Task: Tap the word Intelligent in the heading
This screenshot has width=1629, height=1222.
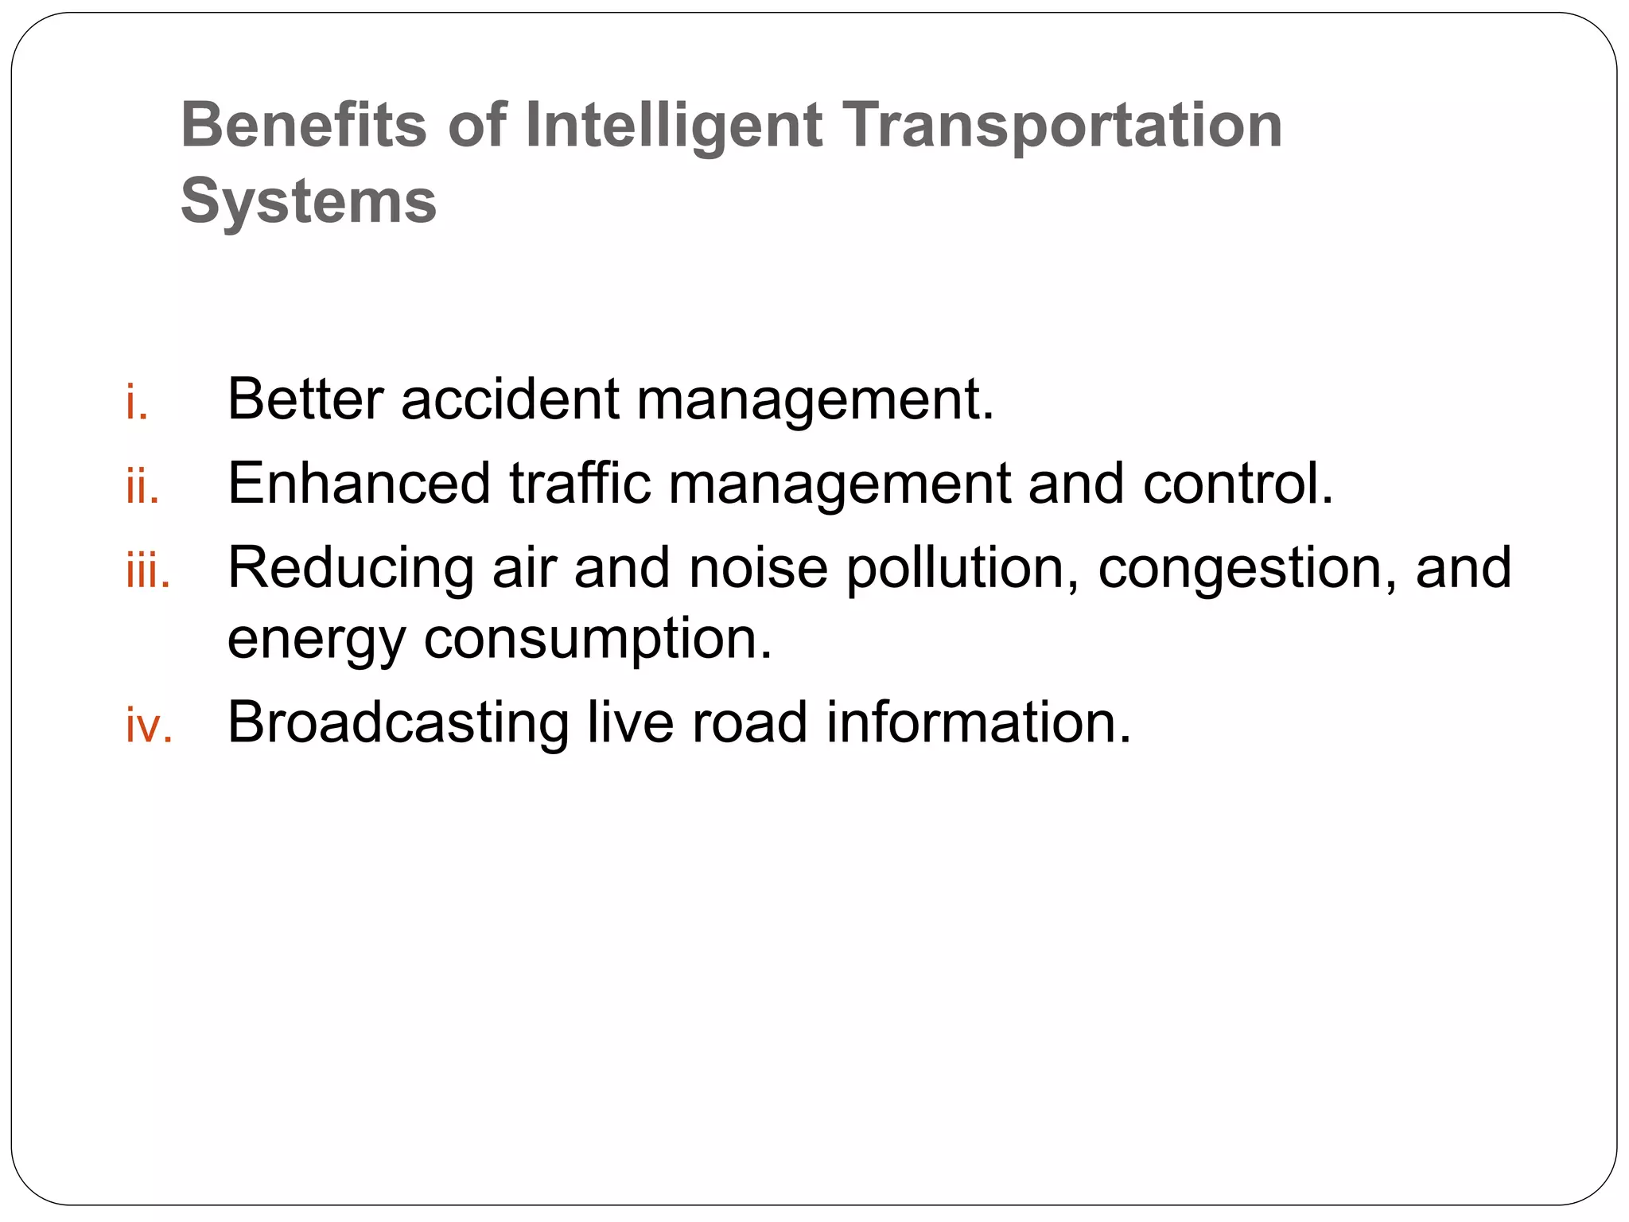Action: click(673, 126)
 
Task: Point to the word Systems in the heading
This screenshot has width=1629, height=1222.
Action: click(309, 200)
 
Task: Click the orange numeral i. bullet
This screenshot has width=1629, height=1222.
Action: click(137, 403)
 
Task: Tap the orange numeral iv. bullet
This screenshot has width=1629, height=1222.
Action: click(149, 726)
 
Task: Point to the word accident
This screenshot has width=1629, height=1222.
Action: click(510, 399)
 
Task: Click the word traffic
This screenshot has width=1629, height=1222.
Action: click(580, 483)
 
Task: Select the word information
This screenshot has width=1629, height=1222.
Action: click(978, 722)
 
